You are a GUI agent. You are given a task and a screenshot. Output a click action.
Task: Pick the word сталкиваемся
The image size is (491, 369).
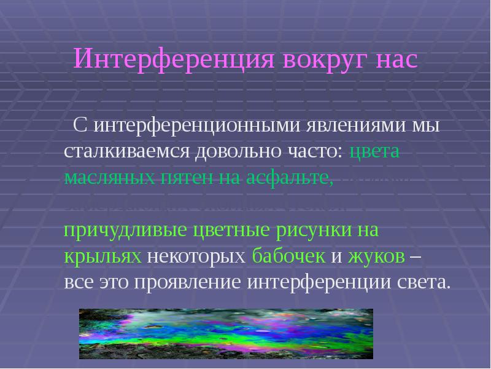click(x=126, y=152)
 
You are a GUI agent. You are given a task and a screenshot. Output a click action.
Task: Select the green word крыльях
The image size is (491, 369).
click(x=104, y=257)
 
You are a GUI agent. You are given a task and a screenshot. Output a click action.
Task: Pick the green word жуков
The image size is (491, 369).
click(x=376, y=257)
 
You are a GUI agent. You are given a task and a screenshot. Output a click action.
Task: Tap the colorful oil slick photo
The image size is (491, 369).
click(x=226, y=333)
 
